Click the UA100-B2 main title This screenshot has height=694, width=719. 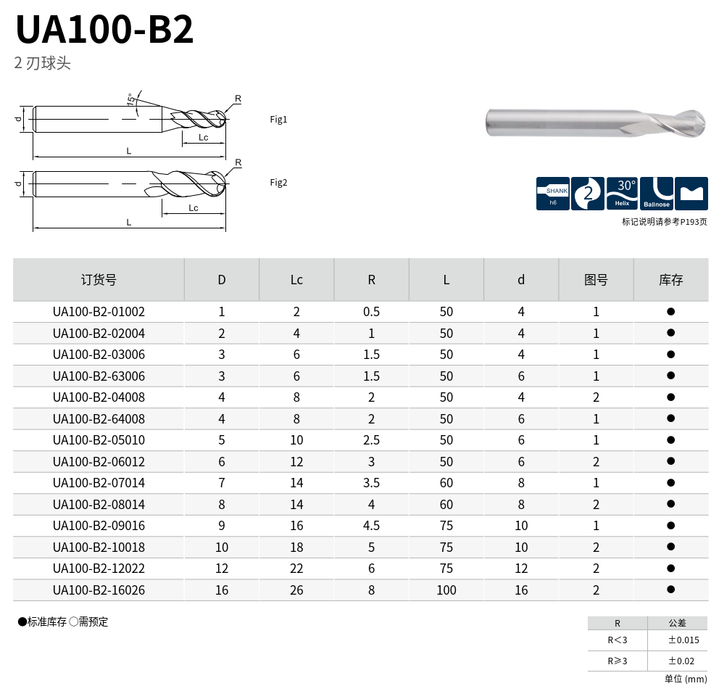point(104,29)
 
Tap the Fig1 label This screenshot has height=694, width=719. point(278,119)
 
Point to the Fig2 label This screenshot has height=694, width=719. point(278,183)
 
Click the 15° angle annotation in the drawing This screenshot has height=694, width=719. point(131,99)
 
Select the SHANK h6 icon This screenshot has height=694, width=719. point(553,194)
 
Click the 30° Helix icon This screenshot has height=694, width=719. point(622,194)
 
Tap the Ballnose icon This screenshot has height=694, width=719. point(656,194)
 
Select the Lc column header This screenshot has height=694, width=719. point(296,280)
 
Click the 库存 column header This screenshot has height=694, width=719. point(671,280)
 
